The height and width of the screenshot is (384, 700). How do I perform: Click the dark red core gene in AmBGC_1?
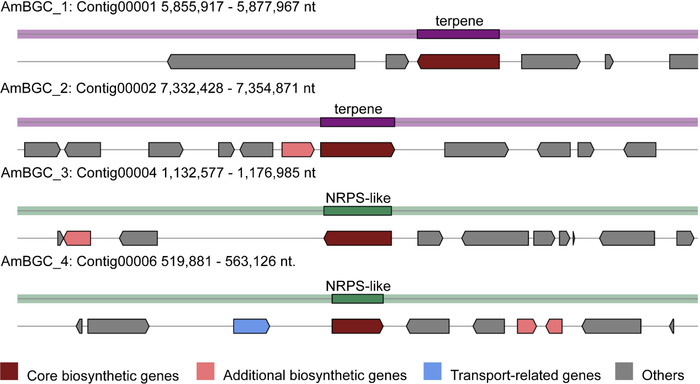point(458,61)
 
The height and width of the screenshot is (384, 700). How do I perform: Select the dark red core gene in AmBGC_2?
point(358,150)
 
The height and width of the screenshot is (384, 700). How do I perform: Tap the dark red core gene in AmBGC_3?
point(358,238)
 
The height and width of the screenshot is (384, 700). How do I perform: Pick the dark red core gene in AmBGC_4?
point(358,326)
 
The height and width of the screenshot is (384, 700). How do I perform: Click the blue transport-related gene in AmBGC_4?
point(252,326)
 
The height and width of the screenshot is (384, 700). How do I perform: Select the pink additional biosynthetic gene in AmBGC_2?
point(298,150)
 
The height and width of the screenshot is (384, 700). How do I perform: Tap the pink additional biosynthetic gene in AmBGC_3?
point(77,238)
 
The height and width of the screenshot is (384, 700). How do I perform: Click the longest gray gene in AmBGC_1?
point(261,61)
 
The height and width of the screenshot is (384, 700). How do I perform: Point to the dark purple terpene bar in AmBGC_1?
point(458,34)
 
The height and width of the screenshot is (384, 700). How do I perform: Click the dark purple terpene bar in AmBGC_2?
point(358,122)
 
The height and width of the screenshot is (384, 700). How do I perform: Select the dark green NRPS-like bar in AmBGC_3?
point(358,211)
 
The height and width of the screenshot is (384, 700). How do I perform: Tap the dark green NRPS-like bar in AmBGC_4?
point(358,299)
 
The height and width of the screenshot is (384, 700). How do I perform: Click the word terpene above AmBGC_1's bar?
point(459,21)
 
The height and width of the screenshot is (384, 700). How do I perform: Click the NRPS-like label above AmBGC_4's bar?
point(358,286)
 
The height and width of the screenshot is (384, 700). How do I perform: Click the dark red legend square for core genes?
point(9,371)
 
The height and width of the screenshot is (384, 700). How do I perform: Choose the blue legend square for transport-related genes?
point(432,371)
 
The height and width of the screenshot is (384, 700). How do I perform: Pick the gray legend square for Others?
point(624,371)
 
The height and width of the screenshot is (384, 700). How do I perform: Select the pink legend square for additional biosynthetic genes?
point(205,371)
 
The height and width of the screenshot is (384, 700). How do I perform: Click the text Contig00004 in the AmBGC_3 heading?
point(116,173)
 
